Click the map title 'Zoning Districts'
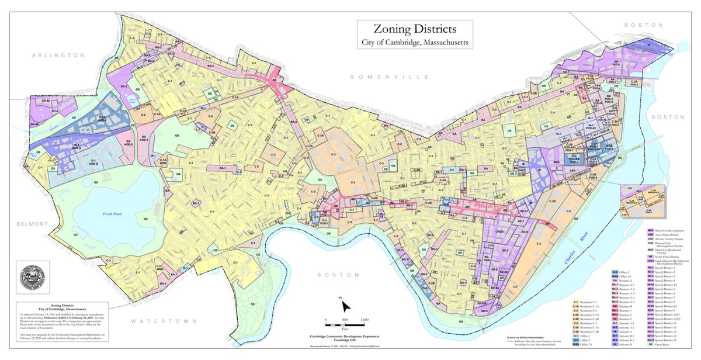tap(416, 29)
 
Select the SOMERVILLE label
tap(390, 77)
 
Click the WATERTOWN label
tap(157, 321)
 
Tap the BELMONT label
tap(17, 224)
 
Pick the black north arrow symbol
tap(346, 306)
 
